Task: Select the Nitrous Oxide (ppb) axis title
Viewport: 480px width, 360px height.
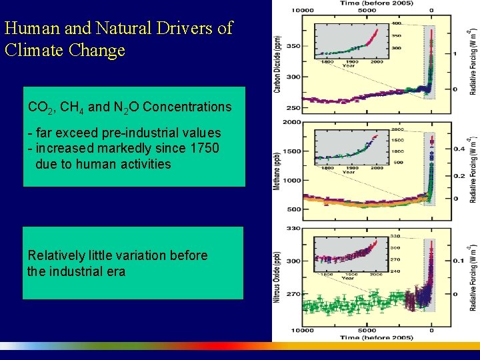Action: click(277, 277)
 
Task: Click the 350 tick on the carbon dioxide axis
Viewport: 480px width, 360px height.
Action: click(293, 46)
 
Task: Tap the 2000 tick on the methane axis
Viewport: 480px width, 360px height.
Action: click(291, 122)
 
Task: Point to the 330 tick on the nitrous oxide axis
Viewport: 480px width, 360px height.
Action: click(293, 229)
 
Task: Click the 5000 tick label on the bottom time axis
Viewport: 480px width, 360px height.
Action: click(367, 330)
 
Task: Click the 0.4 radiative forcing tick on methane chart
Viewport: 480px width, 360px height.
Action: click(459, 149)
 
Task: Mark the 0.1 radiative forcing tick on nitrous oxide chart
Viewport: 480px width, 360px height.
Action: click(459, 261)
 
